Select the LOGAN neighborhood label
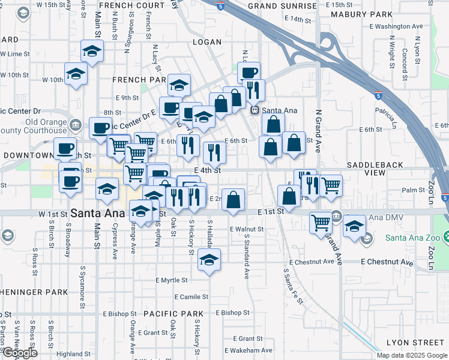(208, 42)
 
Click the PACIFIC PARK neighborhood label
(173, 314)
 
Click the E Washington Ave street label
(396, 26)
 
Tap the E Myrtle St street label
(172, 280)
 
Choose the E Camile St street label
(191, 297)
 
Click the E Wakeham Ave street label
(249, 350)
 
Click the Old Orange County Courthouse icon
(76, 125)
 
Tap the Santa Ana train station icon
(255, 110)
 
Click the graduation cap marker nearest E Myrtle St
(209, 260)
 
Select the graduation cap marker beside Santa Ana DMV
(354, 227)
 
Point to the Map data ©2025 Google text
(411, 355)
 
